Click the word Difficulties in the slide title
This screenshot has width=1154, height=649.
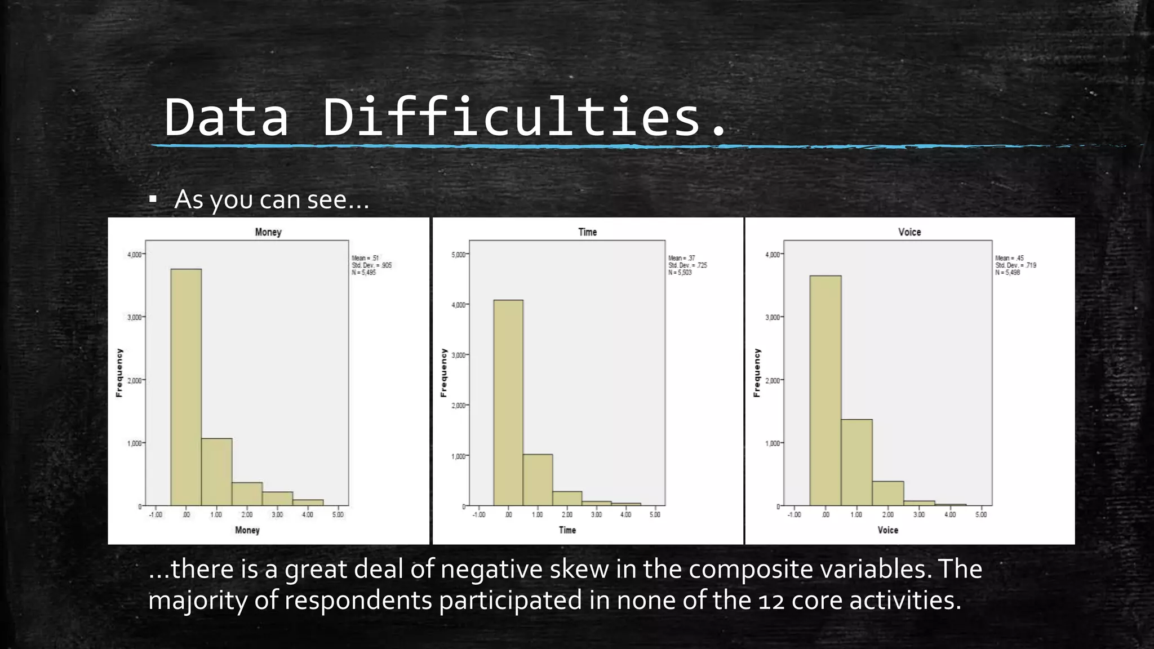[511, 117]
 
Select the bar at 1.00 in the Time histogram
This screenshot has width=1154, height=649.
[538, 480]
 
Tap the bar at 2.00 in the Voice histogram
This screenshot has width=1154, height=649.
[888, 494]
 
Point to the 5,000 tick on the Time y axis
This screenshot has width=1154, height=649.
[459, 255]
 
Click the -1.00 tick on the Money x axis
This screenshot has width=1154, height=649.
[156, 514]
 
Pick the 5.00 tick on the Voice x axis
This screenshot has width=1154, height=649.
[981, 514]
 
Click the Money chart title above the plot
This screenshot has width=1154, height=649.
[268, 232]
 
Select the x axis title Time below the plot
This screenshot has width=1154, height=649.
[567, 530]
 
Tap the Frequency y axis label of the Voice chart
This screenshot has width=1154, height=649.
[757, 372]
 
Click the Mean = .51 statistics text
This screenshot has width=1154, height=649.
[365, 258]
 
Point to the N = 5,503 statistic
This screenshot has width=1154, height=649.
[680, 273]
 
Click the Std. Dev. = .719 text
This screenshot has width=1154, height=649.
[1015, 265]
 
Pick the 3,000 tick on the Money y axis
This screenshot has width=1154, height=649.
[135, 318]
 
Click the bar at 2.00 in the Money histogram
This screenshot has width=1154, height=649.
[247, 494]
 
